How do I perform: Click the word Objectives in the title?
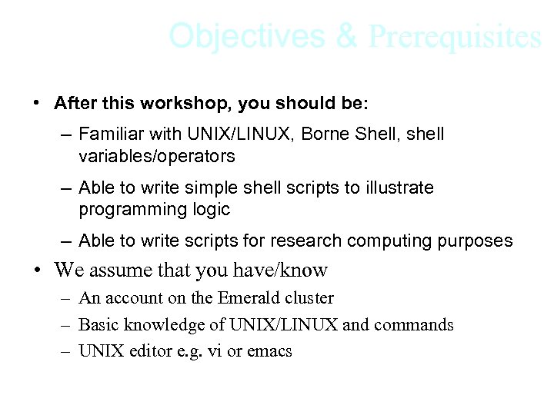(248, 35)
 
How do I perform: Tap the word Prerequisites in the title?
(455, 36)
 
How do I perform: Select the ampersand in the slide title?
(347, 35)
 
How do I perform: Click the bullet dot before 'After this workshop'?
(36, 103)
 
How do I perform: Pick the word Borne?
(325, 134)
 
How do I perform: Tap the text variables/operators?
(156, 157)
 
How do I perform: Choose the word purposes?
(475, 241)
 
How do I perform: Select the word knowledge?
(163, 325)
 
